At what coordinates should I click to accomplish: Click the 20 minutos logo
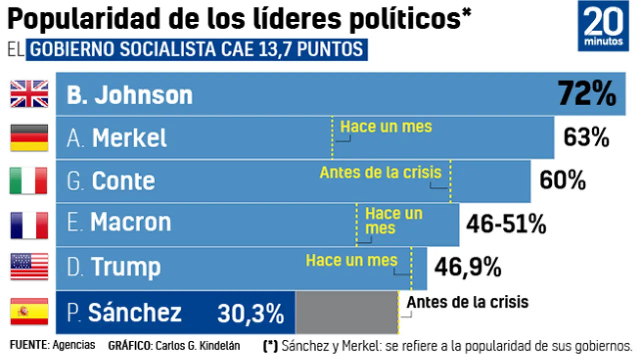tap(603, 26)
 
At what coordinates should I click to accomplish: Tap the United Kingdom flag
tap(29, 94)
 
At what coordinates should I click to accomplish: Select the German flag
tap(29, 137)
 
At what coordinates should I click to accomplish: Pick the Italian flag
tap(28, 180)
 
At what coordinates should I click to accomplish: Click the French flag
tap(29, 224)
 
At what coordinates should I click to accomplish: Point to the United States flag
tap(29, 266)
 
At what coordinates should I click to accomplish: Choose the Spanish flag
tap(29, 311)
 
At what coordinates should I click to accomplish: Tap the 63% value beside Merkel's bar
tap(586, 137)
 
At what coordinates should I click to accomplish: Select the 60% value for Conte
tap(562, 180)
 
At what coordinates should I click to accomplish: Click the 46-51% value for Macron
tap(505, 224)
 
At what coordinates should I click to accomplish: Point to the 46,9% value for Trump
tap(467, 267)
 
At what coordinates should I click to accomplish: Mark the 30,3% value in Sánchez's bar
tap(250, 313)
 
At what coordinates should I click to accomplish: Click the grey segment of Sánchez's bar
tap(346, 312)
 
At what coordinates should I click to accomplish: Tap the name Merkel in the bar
tap(129, 138)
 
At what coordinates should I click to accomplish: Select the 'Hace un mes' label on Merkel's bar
tap(386, 126)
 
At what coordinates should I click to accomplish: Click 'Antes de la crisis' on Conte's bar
tap(380, 172)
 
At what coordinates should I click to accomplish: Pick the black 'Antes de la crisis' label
tap(467, 302)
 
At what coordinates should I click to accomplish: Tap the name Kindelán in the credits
tap(220, 345)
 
